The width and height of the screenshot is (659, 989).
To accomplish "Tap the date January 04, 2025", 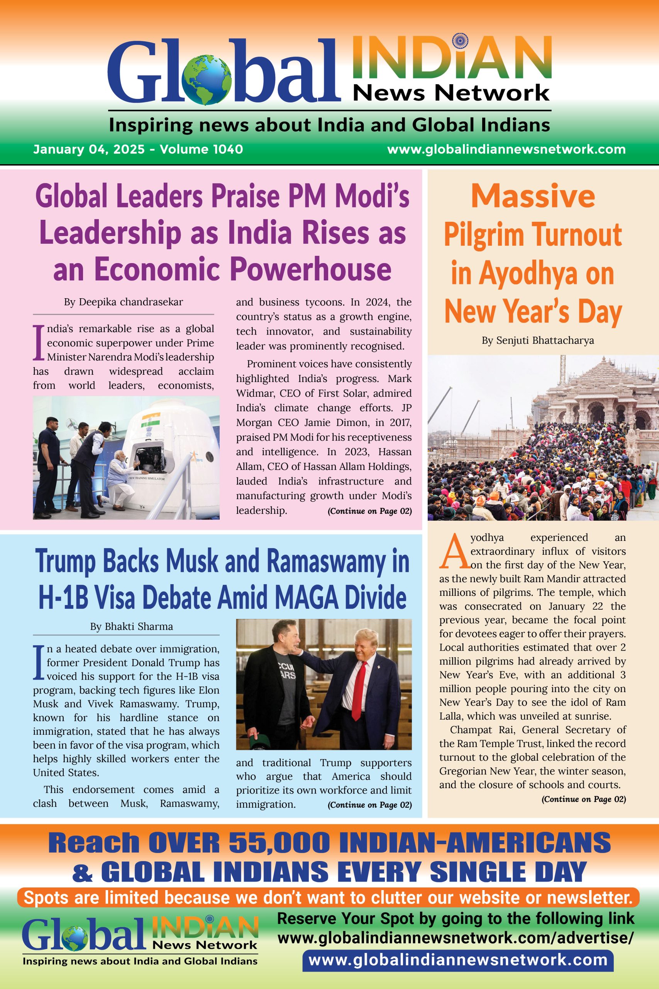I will tap(89, 149).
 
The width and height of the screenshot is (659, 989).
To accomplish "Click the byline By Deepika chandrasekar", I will tap(123, 302).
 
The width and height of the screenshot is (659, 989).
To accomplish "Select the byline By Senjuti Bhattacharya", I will tap(537, 340).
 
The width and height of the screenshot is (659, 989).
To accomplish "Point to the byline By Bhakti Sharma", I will tap(131, 626).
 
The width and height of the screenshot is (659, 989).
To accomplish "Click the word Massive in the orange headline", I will tap(533, 196).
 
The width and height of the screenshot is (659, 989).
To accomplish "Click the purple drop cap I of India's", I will tap(39, 342).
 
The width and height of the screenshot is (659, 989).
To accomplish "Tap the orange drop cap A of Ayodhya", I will tap(453, 551).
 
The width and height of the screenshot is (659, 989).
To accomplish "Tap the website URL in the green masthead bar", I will tap(506, 149).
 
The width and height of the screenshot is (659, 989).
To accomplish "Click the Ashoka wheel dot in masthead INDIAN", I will tap(460, 41).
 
